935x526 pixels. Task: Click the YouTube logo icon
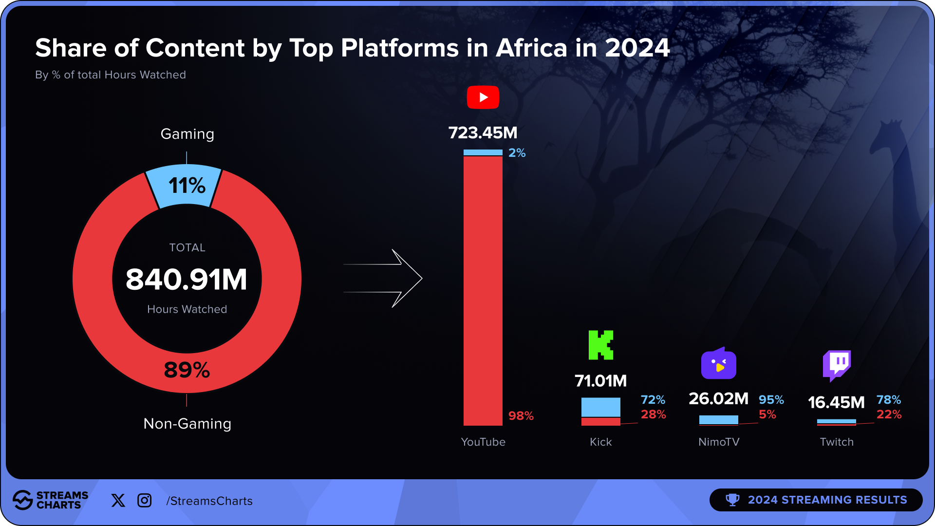pyautogui.click(x=483, y=97)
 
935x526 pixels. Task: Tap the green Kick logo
pyautogui.click(x=600, y=345)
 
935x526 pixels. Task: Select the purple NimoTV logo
pyautogui.click(x=718, y=363)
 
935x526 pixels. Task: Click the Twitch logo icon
pyautogui.click(x=837, y=365)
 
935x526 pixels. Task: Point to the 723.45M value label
pyautogui.click(x=483, y=133)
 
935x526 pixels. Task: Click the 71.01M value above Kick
pyautogui.click(x=600, y=381)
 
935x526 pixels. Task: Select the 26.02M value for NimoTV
pyautogui.click(x=718, y=399)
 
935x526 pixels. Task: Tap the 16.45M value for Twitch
pyautogui.click(x=836, y=403)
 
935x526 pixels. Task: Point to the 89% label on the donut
pyautogui.click(x=187, y=370)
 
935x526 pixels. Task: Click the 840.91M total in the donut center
pyautogui.click(x=187, y=280)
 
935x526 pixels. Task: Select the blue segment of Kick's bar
pyautogui.click(x=600, y=407)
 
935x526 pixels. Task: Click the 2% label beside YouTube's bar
pyautogui.click(x=517, y=153)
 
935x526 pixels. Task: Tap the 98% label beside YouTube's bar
pyautogui.click(x=521, y=416)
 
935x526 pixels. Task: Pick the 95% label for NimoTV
pyautogui.click(x=771, y=400)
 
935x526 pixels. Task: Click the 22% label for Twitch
pyautogui.click(x=889, y=414)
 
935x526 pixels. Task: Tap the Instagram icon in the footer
pyautogui.click(x=145, y=500)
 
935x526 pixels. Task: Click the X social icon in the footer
pyautogui.click(x=118, y=500)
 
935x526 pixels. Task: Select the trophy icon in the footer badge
pyautogui.click(x=732, y=500)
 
